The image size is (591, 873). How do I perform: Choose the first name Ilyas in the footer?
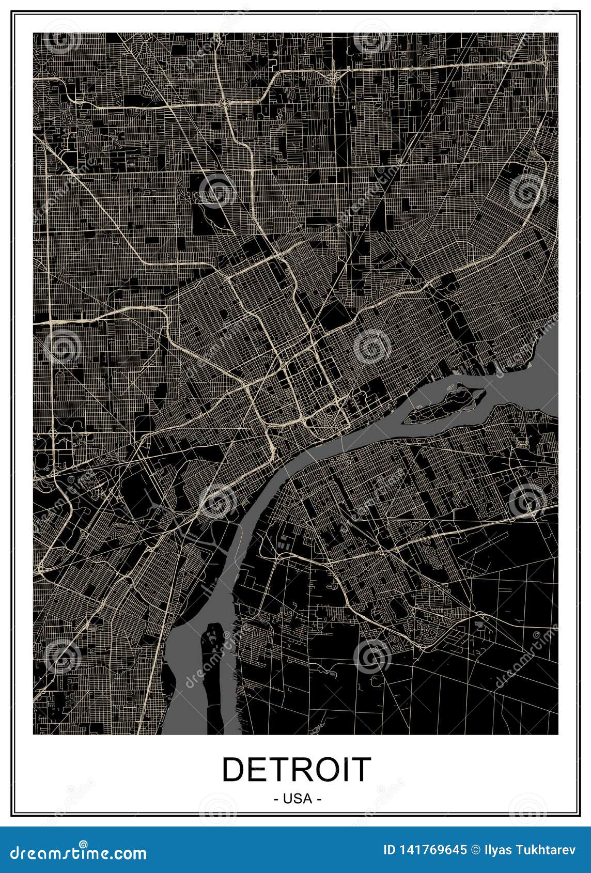coord(497,849)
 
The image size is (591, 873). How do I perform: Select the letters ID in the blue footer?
coord(391,849)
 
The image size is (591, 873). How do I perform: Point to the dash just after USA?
coord(319,799)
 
